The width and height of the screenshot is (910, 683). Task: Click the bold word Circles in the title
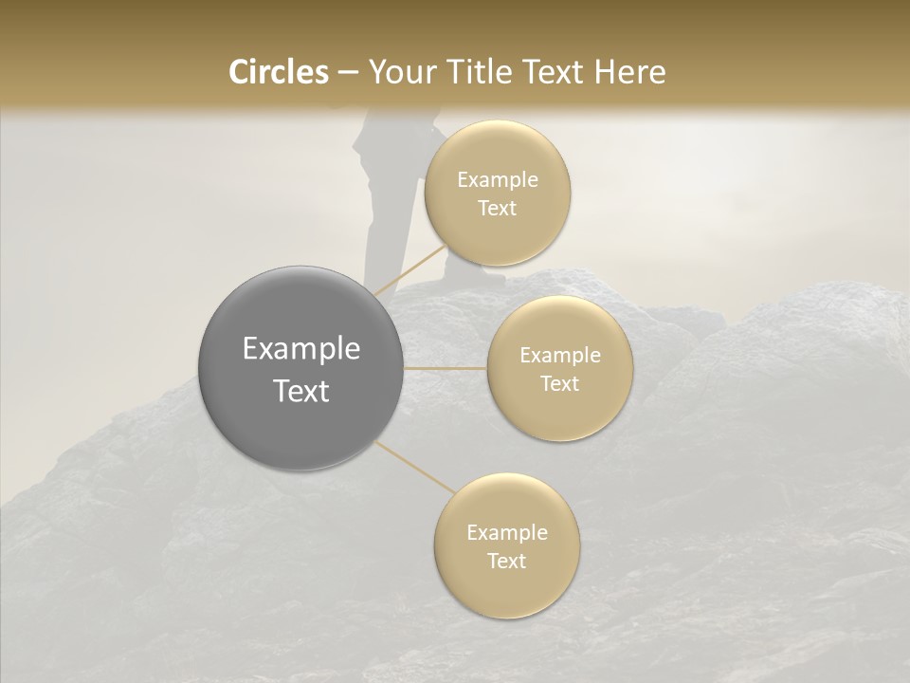tap(278, 72)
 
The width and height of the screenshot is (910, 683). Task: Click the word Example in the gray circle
tap(301, 349)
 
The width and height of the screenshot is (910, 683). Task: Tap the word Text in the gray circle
tap(301, 391)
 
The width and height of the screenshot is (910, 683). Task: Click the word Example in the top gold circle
tap(498, 180)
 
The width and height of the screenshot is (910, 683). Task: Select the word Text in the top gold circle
tap(498, 209)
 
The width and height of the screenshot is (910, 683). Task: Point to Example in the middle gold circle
tap(559, 356)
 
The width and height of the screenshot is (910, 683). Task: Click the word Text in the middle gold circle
tap(559, 384)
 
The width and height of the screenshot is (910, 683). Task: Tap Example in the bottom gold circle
tap(506, 533)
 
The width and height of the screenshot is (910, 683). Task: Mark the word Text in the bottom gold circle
tap(506, 562)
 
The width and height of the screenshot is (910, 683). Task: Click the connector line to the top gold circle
tap(409, 268)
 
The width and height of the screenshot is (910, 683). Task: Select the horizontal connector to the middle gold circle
tap(446, 368)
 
